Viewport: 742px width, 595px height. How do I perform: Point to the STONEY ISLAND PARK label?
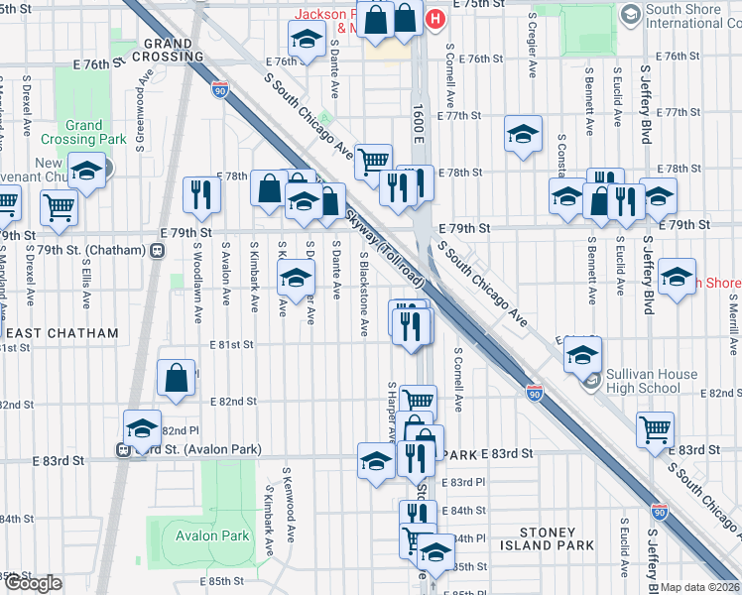click(556, 538)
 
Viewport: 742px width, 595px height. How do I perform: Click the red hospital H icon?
click(433, 19)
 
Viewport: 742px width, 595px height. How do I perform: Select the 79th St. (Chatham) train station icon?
click(157, 251)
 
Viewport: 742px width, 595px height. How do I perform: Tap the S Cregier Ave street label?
click(532, 47)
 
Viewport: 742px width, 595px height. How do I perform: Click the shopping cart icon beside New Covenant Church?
click(59, 207)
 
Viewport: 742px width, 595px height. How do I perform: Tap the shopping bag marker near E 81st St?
click(176, 378)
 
